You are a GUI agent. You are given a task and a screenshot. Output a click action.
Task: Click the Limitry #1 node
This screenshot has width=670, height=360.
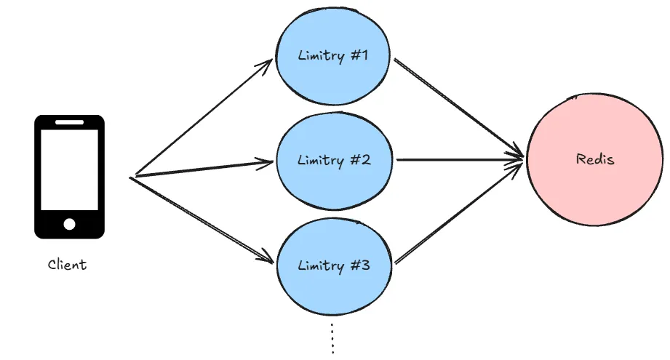[332, 56]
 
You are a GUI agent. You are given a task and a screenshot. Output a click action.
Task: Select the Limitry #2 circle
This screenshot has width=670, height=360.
[334, 161]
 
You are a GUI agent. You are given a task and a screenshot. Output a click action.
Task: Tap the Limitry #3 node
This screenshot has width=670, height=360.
[334, 266]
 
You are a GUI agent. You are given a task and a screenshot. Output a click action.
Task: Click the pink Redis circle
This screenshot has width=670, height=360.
[595, 159]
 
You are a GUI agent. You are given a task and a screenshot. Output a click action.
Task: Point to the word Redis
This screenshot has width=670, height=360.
[595, 159]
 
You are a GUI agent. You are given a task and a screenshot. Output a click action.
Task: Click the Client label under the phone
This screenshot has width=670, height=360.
[67, 264]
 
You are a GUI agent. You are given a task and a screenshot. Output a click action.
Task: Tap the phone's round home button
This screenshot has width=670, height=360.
[69, 224]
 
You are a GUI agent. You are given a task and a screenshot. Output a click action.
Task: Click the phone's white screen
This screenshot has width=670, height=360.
[69, 169]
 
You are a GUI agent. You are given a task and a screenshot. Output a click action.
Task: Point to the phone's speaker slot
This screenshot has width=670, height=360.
[69, 122]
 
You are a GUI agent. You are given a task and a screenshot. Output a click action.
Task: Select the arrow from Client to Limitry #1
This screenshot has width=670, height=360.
[204, 117]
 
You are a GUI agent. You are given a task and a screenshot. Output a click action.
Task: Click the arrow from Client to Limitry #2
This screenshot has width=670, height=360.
[204, 169]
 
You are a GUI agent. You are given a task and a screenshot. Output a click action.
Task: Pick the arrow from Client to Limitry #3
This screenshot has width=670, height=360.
[202, 220]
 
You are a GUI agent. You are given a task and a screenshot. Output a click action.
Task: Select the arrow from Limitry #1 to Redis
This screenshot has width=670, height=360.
[458, 108]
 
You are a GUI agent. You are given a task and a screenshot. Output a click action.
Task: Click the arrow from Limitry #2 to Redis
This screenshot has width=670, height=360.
[460, 160]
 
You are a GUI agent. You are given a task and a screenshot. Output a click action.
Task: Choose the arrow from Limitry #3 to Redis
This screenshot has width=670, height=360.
[458, 212]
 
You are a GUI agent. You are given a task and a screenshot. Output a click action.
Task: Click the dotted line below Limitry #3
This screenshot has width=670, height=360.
[332, 338]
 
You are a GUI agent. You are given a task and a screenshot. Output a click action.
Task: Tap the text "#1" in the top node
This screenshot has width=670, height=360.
[359, 55]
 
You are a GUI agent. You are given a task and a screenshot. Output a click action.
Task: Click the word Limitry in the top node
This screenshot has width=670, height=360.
[322, 56]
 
